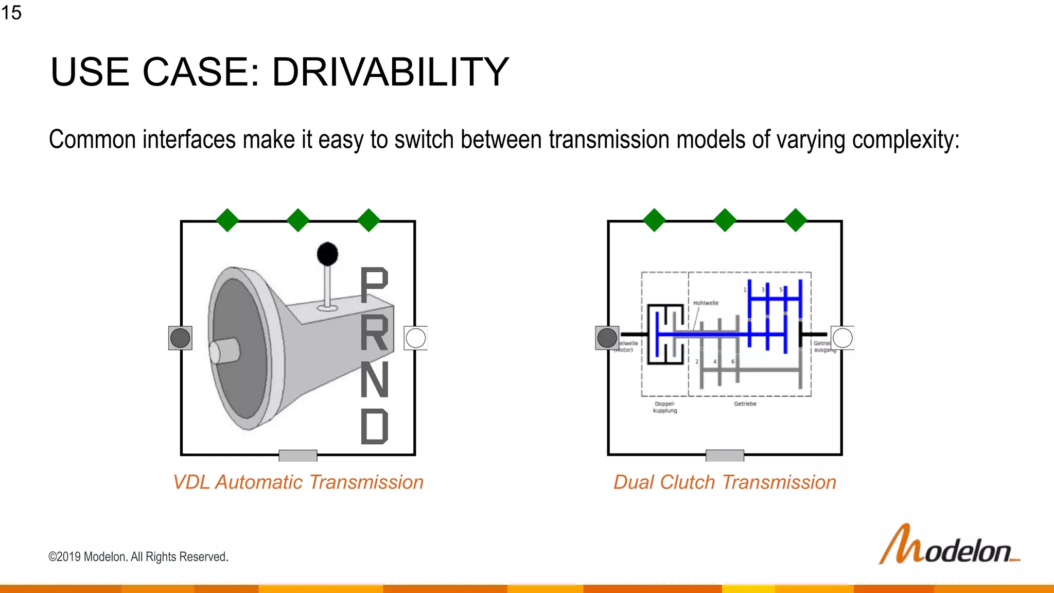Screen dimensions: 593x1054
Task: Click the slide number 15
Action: [11, 12]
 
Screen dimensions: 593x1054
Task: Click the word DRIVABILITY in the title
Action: [390, 72]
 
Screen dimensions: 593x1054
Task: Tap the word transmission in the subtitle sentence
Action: [609, 139]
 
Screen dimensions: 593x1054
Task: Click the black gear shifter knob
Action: [327, 254]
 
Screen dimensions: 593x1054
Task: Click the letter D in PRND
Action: [374, 426]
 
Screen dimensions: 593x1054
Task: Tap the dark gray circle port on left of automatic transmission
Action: [180, 338]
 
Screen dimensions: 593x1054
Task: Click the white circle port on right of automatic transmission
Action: [415, 338]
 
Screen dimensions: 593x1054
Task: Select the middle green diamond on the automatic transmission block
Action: [298, 220]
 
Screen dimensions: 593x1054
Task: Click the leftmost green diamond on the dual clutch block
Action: [654, 220]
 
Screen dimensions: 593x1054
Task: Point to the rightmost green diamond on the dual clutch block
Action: [796, 220]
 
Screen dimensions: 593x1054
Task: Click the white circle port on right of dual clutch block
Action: [842, 338]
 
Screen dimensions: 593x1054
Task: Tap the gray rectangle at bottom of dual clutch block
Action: [725, 456]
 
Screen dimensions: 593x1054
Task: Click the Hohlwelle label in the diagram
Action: [706, 303]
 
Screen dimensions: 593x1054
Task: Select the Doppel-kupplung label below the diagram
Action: [665, 407]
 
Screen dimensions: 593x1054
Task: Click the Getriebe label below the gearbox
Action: [745, 404]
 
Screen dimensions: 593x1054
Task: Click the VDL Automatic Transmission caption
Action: [298, 482]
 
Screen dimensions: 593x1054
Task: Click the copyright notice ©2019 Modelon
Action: [138, 557]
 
